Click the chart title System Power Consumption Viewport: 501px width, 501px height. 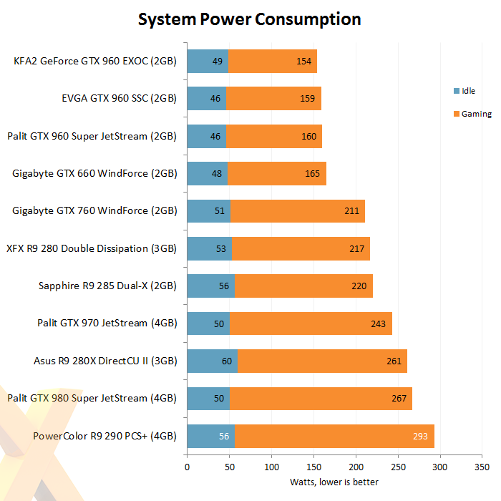coord(249,19)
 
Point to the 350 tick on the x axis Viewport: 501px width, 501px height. coord(483,467)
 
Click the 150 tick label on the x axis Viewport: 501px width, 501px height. coord(313,467)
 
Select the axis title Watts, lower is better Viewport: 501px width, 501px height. coord(334,482)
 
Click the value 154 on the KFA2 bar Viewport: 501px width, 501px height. coord(303,62)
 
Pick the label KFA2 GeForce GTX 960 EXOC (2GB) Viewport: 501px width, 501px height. coord(95,62)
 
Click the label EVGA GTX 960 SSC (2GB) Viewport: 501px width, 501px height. coord(119,99)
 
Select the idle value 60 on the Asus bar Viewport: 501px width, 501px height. coord(227,361)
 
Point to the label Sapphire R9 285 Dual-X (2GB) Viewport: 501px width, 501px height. coord(107,286)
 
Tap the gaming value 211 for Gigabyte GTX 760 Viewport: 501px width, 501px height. coord(351,211)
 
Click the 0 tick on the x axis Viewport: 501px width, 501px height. coord(187,467)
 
